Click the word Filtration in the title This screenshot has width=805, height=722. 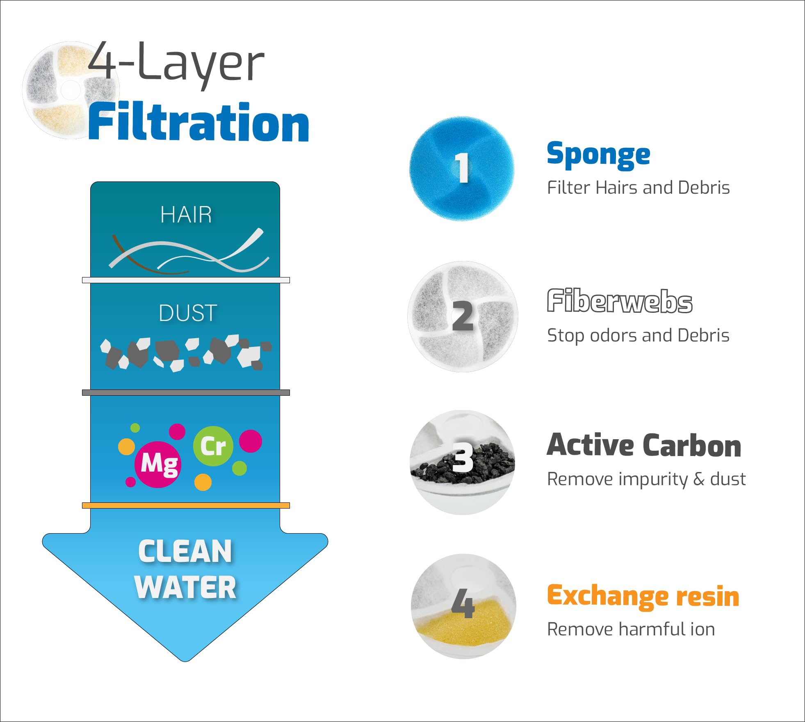coord(198,122)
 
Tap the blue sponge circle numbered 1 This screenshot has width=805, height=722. coord(462,168)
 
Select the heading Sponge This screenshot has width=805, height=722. coord(598,155)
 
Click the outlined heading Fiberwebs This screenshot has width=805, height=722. coord(620,301)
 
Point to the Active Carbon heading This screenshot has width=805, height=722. coord(644,445)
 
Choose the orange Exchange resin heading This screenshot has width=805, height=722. coord(643,596)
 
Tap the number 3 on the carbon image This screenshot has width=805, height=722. coord(463,458)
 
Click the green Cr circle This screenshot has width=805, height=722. coord(213,446)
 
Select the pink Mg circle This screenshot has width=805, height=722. coord(158,464)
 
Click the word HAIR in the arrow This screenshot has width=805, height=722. coord(186,215)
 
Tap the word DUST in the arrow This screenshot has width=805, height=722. coord(188,313)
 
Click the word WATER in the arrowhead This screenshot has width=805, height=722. coord(185,587)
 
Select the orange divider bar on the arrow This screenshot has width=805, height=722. coord(186,505)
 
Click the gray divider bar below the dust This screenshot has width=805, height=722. coord(186,393)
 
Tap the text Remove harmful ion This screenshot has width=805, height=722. coord(631,629)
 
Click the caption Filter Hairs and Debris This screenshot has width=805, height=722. coord(638,188)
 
